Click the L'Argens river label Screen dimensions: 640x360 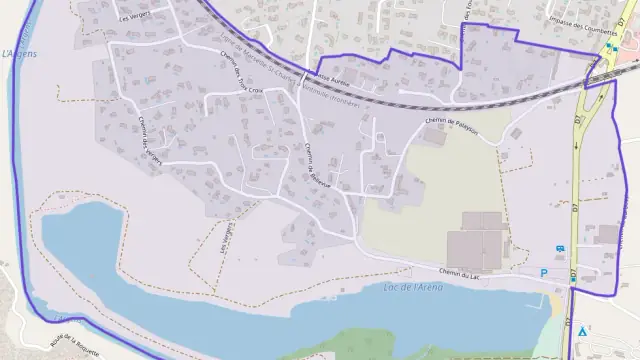coord(19,53)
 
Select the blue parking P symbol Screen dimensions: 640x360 coord(544,272)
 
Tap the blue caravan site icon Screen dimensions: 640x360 coord(558,250)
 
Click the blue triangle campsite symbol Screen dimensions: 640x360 coord(583,329)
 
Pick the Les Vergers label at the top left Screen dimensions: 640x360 coord(138,17)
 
